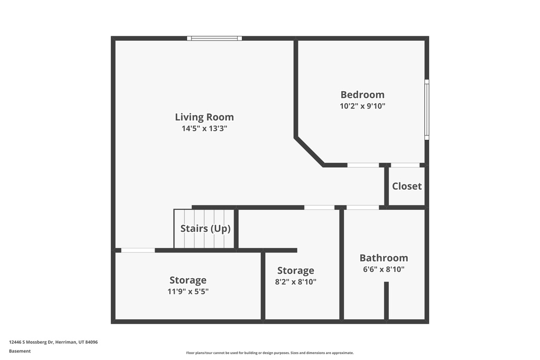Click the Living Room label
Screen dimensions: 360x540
[204, 117]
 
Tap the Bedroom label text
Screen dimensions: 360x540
[362, 95]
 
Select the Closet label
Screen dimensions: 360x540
[407, 186]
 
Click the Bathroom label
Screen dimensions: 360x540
[383, 258]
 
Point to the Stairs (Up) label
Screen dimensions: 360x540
[205, 229]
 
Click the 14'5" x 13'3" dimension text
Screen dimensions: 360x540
[204, 128]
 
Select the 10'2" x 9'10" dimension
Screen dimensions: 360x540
[362, 106]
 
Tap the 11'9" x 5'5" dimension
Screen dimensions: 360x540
[188, 291]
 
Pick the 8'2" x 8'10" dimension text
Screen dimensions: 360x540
[295, 282]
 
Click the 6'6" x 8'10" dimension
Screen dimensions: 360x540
[383, 269]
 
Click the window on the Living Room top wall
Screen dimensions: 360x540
[215, 38]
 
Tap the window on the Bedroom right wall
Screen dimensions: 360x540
[427, 110]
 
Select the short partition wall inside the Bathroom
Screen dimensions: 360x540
[386, 300]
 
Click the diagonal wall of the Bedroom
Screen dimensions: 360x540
[310, 152]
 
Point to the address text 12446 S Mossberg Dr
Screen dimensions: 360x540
[53, 342]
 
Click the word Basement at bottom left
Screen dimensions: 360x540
[20, 351]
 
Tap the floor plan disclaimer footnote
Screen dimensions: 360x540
[269, 353]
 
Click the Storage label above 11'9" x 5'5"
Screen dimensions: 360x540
[188, 280]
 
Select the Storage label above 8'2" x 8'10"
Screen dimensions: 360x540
[295, 271]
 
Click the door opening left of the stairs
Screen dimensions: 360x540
[138, 250]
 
